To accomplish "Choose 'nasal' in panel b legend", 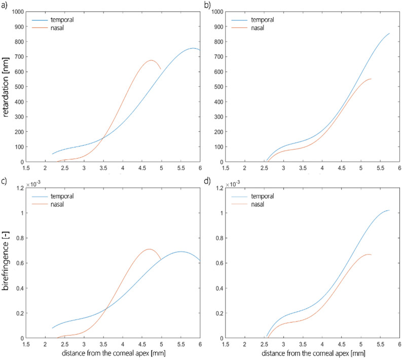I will tap(258, 28).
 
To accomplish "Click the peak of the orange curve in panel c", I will tap(149, 249).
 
